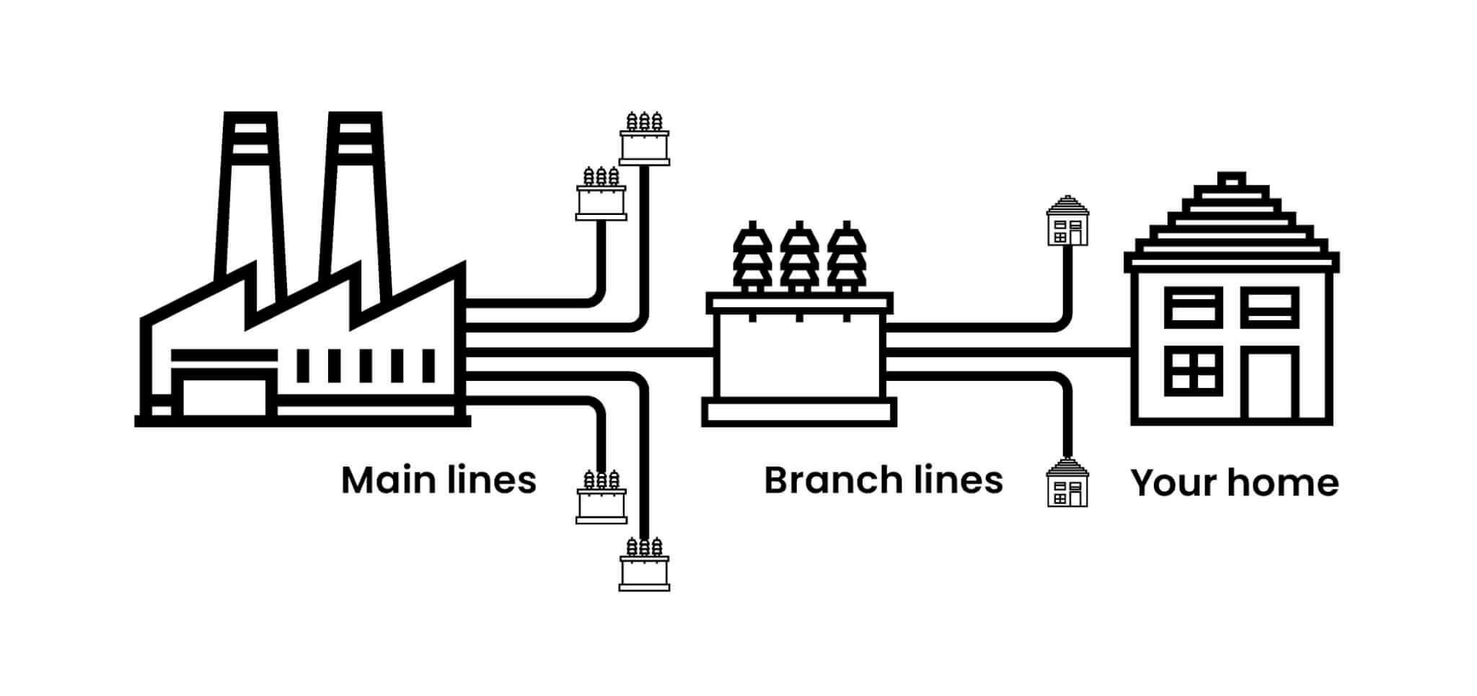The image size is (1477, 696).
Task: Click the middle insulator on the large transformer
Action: click(x=798, y=256)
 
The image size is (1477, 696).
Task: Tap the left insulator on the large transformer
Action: click(x=752, y=256)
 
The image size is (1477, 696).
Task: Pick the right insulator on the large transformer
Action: click(x=846, y=256)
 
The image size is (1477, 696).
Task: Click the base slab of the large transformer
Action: click(x=799, y=413)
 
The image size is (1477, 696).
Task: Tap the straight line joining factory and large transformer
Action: click(x=588, y=353)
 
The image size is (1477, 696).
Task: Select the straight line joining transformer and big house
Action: click(x=1010, y=353)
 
